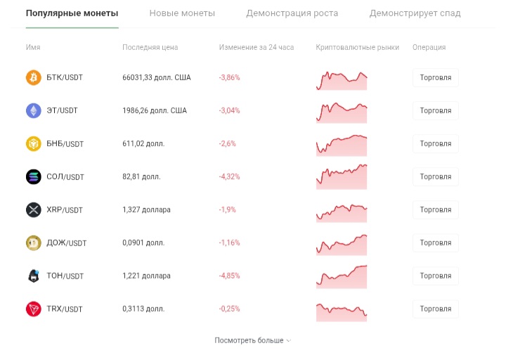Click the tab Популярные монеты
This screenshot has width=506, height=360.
[72, 13]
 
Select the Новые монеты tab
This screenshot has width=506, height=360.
[182, 13]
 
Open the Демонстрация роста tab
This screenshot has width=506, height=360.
[292, 13]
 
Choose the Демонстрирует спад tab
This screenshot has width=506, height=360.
[415, 13]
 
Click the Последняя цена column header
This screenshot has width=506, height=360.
[150, 48]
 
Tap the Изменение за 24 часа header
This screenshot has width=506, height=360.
[257, 48]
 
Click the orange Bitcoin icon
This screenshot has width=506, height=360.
[34, 77]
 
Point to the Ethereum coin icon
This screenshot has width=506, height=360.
[34, 110]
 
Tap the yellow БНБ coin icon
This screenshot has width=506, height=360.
[34, 143]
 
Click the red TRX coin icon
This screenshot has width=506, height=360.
[34, 309]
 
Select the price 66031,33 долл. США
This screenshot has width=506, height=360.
[157, 77]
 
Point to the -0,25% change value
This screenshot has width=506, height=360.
[229, 309]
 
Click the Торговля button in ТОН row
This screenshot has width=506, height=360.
[435, 276]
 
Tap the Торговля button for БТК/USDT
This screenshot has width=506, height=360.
[435, 77]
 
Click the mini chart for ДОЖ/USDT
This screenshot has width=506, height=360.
[342, 243]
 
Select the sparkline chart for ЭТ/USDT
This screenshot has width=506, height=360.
[342, 111]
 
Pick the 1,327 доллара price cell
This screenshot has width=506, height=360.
[146, 210]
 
